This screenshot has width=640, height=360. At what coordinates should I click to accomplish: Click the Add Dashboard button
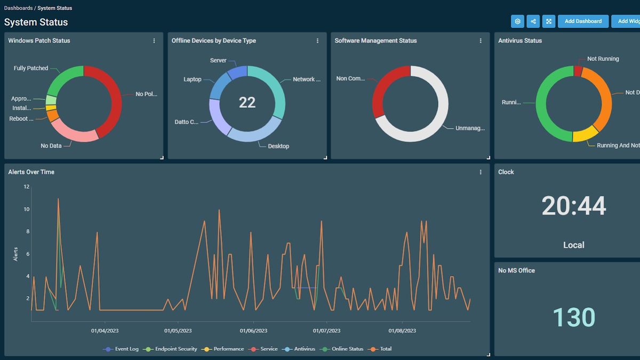click(x=583, y=21)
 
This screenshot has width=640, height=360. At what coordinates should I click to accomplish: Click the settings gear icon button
click(x=517, y=21)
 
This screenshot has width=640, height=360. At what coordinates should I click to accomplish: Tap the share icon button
click(x=533, y=21)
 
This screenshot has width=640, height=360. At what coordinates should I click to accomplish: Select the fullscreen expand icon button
click(x=548, y=21)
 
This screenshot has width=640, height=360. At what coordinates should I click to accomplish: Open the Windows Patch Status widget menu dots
click(x=154, y=41)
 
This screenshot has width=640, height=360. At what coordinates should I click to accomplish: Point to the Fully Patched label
click(x=31, y=68)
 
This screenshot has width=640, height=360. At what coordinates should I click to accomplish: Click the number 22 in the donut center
click(x=247, y=102)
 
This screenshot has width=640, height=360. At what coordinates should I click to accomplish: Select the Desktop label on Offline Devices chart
click(x=278, y=146)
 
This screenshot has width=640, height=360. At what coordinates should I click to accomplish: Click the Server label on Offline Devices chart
click(x=218, y=61)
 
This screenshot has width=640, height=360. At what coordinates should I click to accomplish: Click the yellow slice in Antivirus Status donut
click(x=585, y=134)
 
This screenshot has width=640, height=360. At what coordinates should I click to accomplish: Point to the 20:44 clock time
click(x=574, y=206)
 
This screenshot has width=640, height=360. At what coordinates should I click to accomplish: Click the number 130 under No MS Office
click(x=574, y=317)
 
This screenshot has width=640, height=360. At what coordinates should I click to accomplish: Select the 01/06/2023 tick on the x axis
click(x=253, y=331)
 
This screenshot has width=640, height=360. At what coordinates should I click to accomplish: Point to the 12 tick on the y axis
click(x=26, y=187)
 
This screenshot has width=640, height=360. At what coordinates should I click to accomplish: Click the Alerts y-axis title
click(x=15, y=254)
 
